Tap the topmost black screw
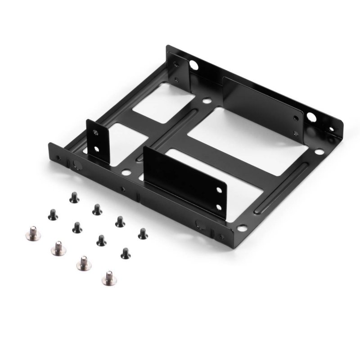click(74, 197)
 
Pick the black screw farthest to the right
click(143, 233)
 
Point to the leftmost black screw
click(53, 214)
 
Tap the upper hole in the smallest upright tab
click(95, 132)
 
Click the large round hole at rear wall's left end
click(194, 65)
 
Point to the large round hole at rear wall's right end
click(311, 118)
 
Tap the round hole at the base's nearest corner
click(242, 228)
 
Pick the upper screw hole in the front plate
click(218, 190)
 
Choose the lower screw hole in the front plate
click(219, 207)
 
